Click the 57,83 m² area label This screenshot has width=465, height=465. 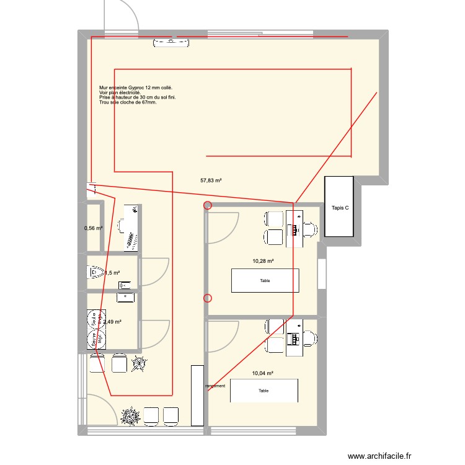click(211, 180)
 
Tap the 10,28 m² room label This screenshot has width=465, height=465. click(263, 262)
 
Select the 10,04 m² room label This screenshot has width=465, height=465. click(263, 373)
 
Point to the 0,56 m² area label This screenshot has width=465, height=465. click(93, 228)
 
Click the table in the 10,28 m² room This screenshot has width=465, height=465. click(265, 280)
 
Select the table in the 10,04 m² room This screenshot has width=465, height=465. click(263, 391)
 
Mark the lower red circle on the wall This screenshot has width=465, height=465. click(208, 298)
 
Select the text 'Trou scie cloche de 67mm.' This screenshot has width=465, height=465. click(128, 102)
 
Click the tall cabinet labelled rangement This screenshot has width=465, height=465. click(197, 396)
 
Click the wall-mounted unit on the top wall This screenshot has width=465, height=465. click(172, 42)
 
